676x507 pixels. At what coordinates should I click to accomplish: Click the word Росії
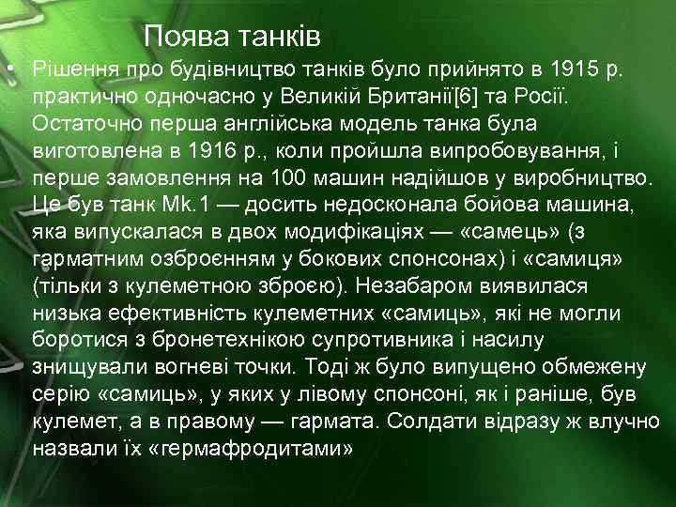pyautogui.click(x=556, y=97)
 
